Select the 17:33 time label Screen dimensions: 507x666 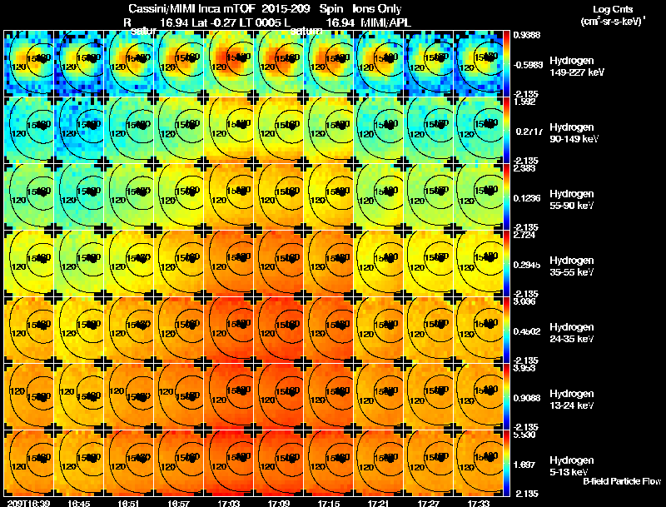tap(477, 503)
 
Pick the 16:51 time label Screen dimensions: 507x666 tap(129, 503)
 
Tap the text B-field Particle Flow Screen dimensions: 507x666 tap(621, 481)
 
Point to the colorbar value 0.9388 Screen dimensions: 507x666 tap(526, 34)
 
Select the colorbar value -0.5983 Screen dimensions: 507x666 tap(528, 64)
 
